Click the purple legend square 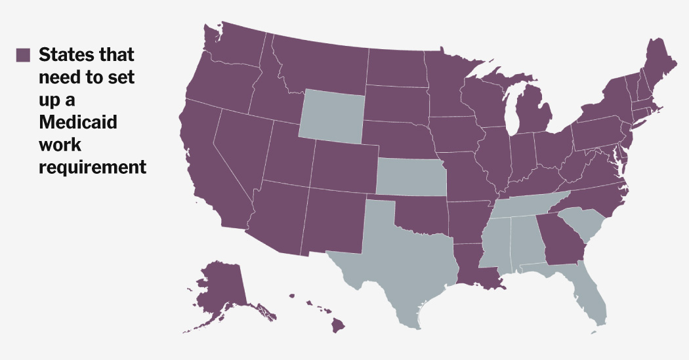point(24,54)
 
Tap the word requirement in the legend point(92,167)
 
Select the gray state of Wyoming point(332,117)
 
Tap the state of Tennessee point(525,206)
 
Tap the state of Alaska point(220,289)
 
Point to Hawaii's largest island point(339,324)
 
